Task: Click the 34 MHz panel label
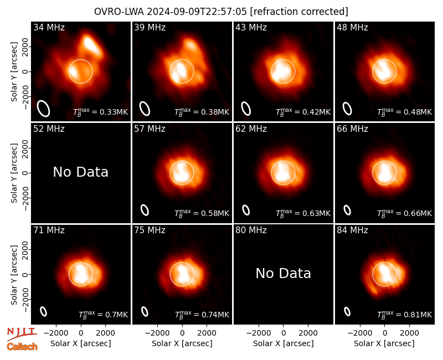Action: pyautogui.click(x=49, y=27)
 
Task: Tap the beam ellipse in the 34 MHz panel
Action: pyautogui.click(x=44, y=109)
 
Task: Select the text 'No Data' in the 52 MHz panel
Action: pyautogui.click(x=81, y=172)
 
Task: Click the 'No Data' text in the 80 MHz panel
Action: pyautogui.click(x=284, y=273)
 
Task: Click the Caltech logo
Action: pyautogui.click(x=22, y=347)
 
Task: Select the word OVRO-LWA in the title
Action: pyautogui.click(x=119, y=12)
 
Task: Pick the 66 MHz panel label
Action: pyautogui.click(x=352, y=129)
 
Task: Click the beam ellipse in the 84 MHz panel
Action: pyautogui.click(x=347, y=311)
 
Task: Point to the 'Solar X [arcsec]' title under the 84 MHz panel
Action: pyautogui.click(x=384, y=343)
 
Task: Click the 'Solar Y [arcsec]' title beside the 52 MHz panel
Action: pyautogui.click(x=14, y=173)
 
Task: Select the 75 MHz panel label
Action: pyautogui.click(x=150, y=230)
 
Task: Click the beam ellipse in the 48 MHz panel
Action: pyautogui.click(x=347, y=109)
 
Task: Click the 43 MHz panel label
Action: pyautogui.click(x=251, y=27)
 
